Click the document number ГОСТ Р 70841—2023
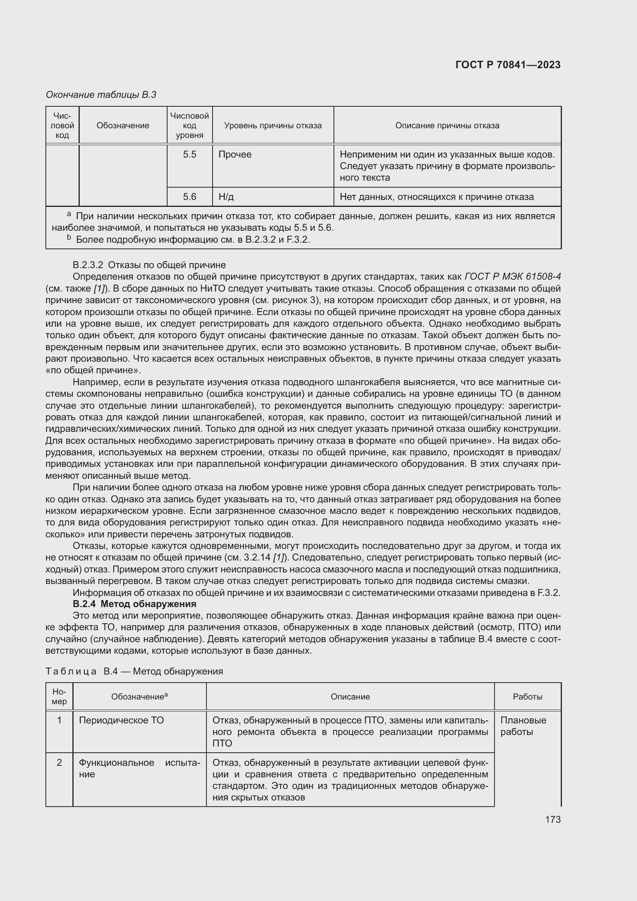pos(508,65)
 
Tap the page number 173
pos(552,819)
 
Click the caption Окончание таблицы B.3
pos(101,95)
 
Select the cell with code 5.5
pos(189,154)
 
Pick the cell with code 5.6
pos(189,196)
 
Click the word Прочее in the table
pos(235,154)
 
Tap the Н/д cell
pos(226,196)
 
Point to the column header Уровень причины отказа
pos(273,126)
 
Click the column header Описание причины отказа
pos(447,126)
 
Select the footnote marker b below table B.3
pos(69,238)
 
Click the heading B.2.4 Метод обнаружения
pos(134,604)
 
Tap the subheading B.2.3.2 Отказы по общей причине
pos(149,265)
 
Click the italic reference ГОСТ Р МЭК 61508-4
pos(512,277)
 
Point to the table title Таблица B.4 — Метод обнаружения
pos(134,671)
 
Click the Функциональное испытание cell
pos(139,768)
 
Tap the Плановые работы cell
pos(523,726)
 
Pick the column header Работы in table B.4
pos(527,697)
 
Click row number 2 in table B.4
pos(59,762)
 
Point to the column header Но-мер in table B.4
pos(59,696)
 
